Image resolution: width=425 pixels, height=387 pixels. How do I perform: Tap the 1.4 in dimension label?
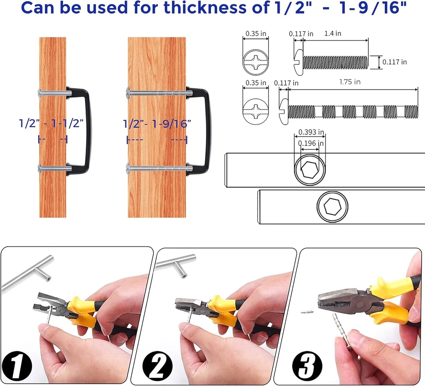point(332,33)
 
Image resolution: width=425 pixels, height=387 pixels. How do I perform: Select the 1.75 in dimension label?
point(350,82)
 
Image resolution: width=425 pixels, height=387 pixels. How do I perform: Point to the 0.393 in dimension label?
point(311,132)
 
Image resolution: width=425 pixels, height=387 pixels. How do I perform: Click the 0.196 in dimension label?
point(310,143)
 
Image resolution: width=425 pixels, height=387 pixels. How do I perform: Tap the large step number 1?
point(17,366)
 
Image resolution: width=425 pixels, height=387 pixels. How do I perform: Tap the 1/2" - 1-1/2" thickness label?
point(51,123)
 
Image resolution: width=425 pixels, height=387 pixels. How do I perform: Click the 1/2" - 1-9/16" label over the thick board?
point(157,124)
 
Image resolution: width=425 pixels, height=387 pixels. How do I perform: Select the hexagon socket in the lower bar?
point(332,206)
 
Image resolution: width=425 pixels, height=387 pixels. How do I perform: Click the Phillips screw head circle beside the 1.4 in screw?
point(255,62)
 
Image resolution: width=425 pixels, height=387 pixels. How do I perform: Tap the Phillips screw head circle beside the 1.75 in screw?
point(255,111)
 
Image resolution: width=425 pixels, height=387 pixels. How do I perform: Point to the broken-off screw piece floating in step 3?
point(307,312)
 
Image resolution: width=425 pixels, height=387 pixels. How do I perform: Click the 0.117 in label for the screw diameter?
point(394,62)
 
